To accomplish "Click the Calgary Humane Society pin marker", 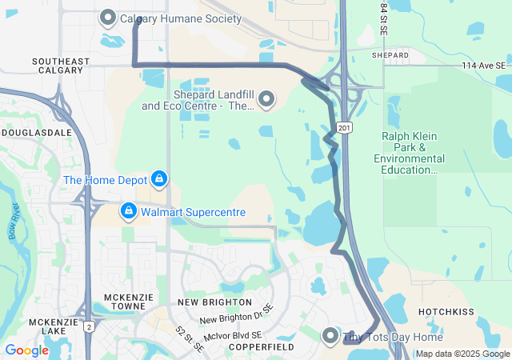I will [108, 18].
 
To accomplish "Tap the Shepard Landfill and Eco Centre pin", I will [266, 100].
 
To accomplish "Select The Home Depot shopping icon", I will [159, 178].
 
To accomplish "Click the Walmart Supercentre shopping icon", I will [128, 212].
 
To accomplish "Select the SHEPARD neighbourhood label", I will [390, 55].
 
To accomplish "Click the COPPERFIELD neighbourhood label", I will [262, 347].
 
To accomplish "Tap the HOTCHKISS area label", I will [447, 311].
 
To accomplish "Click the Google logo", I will [26, 350].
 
